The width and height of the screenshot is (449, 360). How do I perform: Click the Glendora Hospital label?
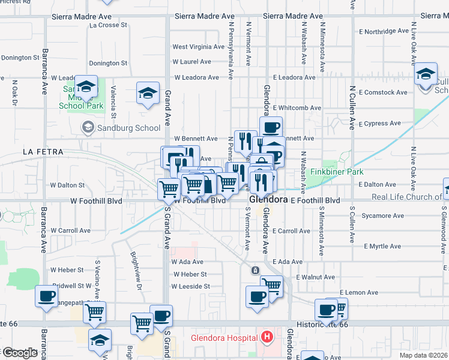click(225, 338)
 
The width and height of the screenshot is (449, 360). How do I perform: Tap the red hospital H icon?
click(267, 338)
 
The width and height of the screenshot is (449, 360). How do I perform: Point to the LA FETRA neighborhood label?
click(43, 152)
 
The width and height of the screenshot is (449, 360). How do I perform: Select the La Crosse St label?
click(108, 25)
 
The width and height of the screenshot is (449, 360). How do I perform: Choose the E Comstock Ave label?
click(385, 92)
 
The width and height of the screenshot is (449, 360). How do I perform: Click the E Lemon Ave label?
click(358, 292)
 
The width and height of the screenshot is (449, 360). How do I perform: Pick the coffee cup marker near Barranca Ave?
click(46, 296)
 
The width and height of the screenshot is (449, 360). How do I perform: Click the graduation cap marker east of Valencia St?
click(148, 93)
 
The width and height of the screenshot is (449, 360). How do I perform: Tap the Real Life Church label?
click(406, 197)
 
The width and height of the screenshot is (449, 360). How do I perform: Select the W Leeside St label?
click(190, 286)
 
